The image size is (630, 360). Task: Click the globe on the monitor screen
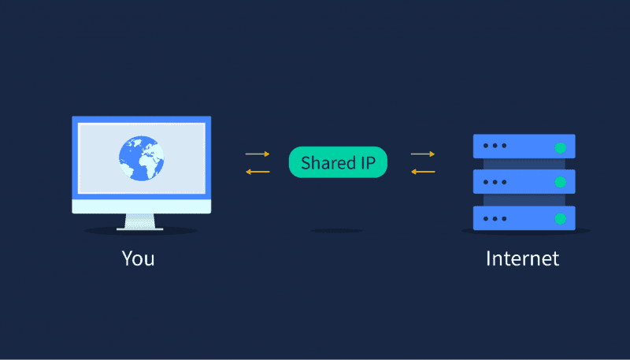pyautogui.click(x=142, y=158)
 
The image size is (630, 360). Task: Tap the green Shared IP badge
pyautogui.click(x=338, y=162)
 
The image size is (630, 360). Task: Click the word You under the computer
pyautogui.click(x=139, y=258)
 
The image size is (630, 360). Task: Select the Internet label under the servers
pyautogui.click(x=522, y=258)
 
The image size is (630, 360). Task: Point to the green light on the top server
pyautogui.click(x=560, y=148)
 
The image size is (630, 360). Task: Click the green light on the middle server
pyautogui.click(x=560, y=183)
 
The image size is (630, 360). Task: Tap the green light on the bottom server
pyautogui.click(x=560, y=219)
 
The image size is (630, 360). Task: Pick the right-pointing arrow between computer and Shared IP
pyautogui.click(x=258, y=154)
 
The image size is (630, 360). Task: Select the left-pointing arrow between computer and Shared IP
pyautogui.click(x=258, y=172)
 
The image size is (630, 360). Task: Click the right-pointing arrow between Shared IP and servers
pyautogui.click(x=423, y=154)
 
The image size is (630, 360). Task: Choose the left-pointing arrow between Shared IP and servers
pyautogui.click(x=423, y=172)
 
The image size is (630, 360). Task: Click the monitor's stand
pyautogui.click(x=140, y=222)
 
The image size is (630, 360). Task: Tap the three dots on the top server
pyautogui.click(x=495, y=146)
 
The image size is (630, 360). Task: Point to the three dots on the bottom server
pyautogui.click(x=495, y=219)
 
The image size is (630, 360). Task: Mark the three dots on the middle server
pyautogui.click(x=495, y=183)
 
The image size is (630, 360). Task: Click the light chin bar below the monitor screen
pyautogui.click(x=142, y=206)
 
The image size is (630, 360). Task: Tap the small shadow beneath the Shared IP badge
pyautogui.click(x=337, y=231)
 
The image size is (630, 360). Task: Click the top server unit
pyautogui.click(x=524, y=147)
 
